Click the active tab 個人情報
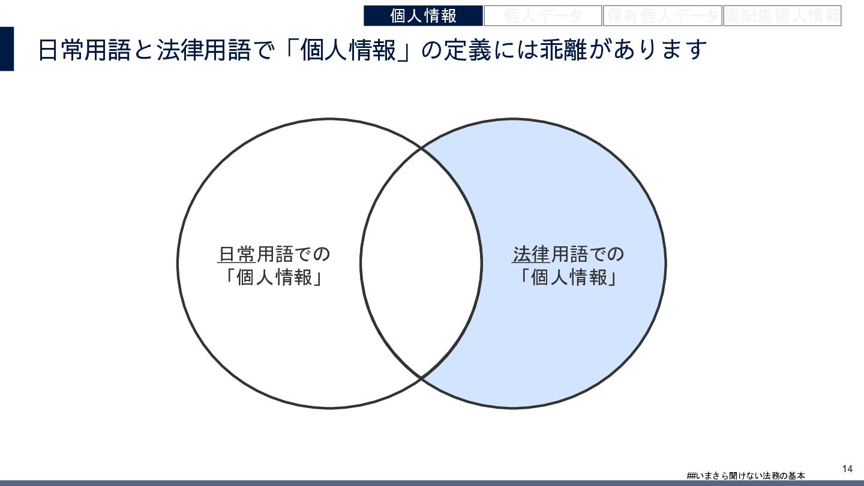click(x=423, y=16)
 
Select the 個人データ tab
click(x=542, y=16)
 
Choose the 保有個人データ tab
click(x=662, y=16)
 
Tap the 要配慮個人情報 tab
click(x=782, y=16)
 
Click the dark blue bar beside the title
click(x=7, y=49)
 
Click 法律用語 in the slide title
click(x=203, y=50)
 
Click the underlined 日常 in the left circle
click(x=236, y=255)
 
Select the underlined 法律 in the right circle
click(x=531, y=255)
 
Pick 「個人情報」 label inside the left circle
click(x=274, y=278)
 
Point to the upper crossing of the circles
click(x=421, y=147)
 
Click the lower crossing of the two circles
click(x=421, y=379)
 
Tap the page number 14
click(x=847, y=469)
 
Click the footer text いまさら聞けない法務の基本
click(x=750, y=476)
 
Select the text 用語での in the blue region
click(x=587, y=255)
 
